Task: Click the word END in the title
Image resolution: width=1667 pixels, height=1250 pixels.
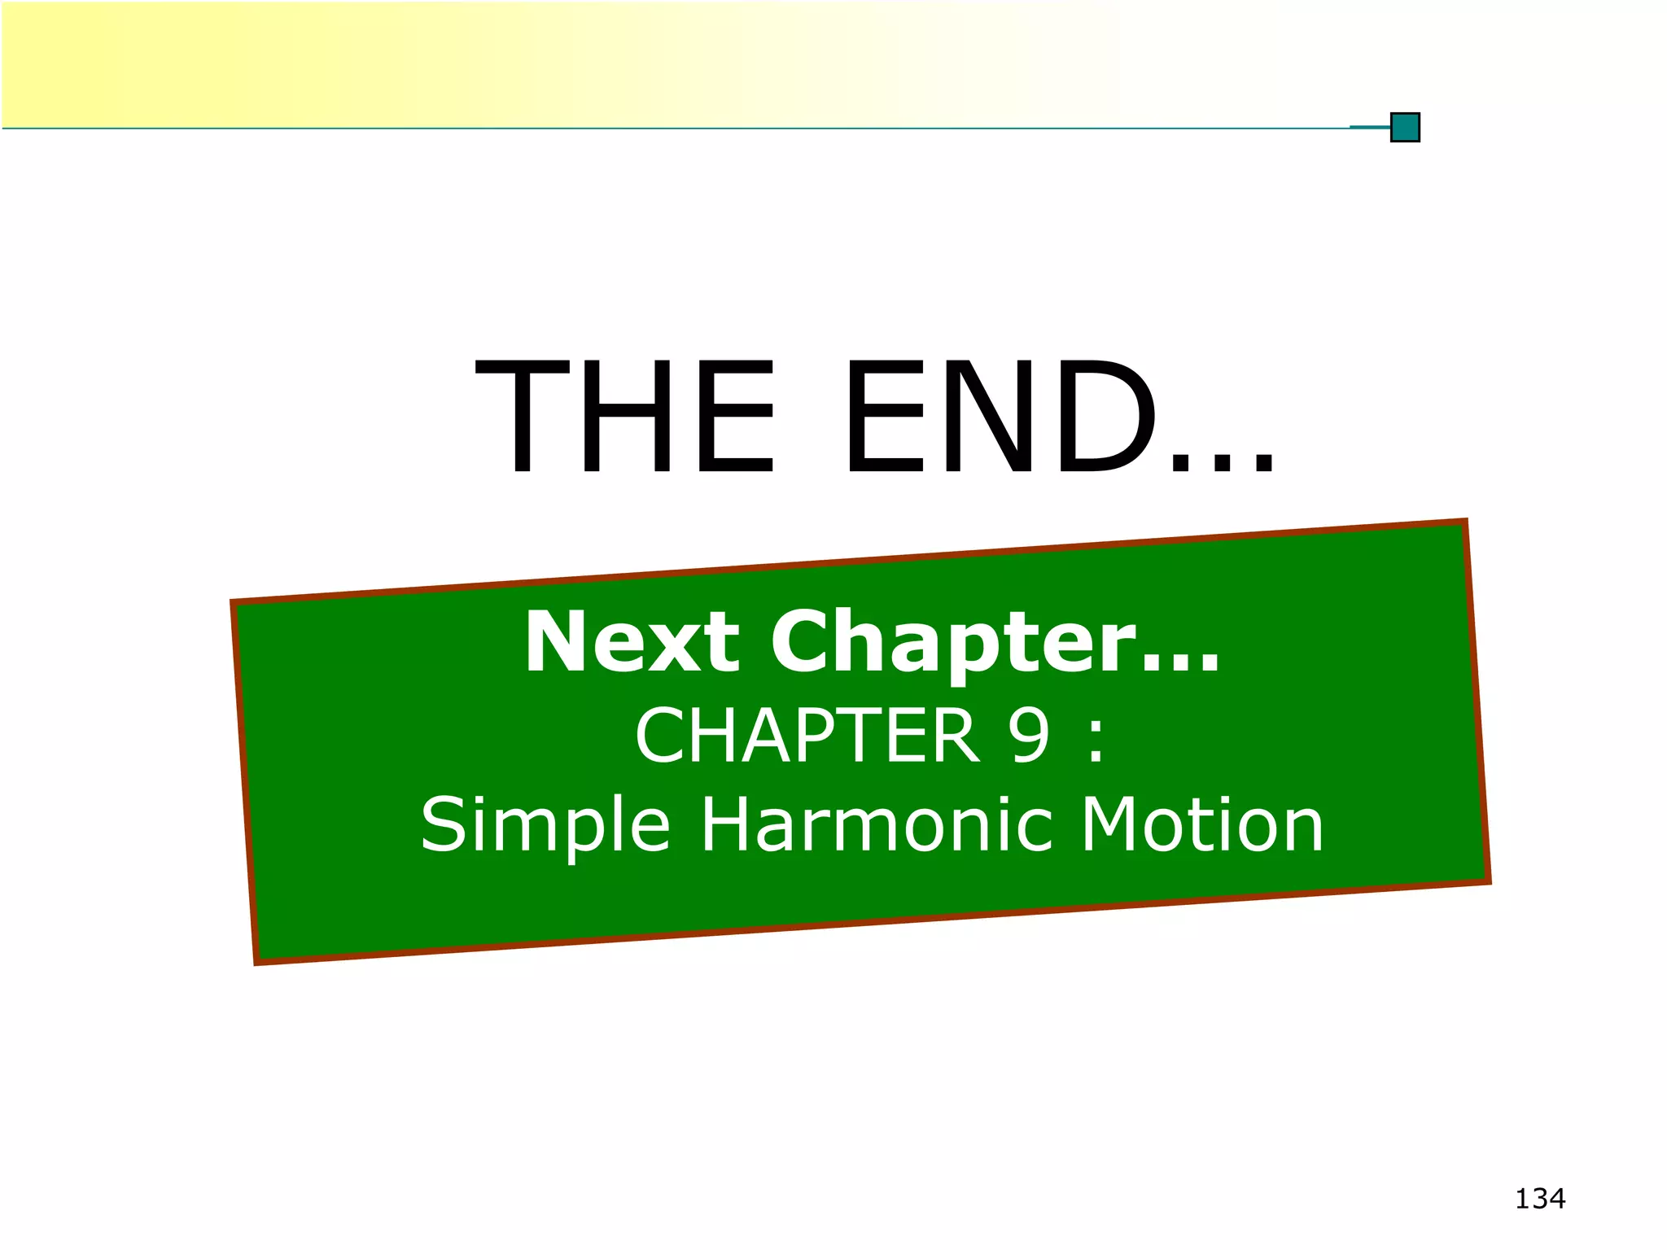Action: (x=1001, y=417)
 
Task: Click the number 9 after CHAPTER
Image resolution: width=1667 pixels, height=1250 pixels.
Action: (x=1029, y=736)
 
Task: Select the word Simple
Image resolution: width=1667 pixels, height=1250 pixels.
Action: (x=545, y=827)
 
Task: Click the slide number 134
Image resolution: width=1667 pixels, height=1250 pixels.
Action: (x=1540, y=1199)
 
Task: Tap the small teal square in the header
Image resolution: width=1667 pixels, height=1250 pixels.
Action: (x=1405, y=128)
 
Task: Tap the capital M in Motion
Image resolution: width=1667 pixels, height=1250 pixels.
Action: (x=1110, y=825)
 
